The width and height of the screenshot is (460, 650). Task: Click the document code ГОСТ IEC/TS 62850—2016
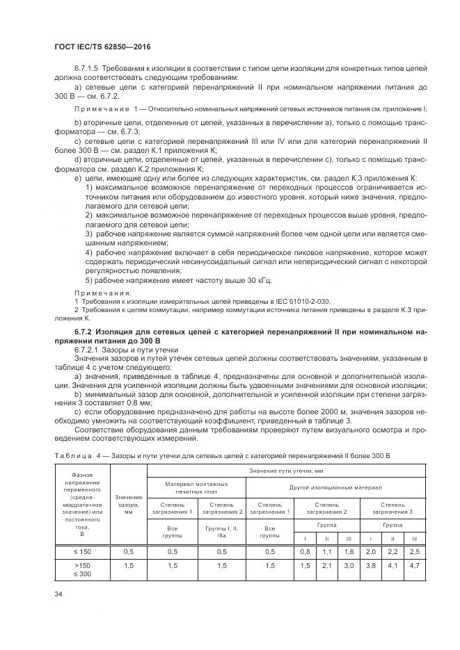(102, 47)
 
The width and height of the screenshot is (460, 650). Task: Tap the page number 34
(58, 594)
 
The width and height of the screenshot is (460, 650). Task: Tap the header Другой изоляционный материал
(335, 487)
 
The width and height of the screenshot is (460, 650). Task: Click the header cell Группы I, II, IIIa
(222, 532)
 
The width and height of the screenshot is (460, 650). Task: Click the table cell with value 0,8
(305, 551)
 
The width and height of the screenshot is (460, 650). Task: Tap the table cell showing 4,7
(414, 567)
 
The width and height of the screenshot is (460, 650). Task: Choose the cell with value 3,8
(371, 567)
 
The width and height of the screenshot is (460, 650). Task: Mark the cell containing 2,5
(414, 551)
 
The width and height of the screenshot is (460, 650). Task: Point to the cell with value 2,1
(327, 567)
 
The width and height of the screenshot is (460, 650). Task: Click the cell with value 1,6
(349, 551)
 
